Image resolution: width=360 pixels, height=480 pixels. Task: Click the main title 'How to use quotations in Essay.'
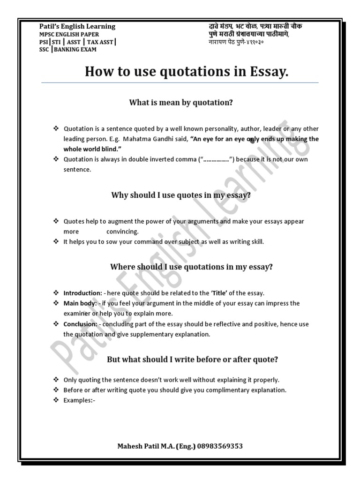187,72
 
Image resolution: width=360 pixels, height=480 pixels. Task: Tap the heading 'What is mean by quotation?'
181,102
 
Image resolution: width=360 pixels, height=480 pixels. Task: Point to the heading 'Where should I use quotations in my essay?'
191,267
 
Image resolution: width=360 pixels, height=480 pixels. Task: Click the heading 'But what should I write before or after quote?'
193,360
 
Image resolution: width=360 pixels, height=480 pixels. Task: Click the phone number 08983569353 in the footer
220,446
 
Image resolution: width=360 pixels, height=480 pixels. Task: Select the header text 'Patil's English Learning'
77,26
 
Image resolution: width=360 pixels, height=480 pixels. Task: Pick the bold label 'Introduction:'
83,293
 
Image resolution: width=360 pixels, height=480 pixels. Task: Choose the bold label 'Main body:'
80,303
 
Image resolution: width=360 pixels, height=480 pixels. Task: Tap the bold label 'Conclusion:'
81,324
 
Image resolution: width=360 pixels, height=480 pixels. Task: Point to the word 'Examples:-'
79,400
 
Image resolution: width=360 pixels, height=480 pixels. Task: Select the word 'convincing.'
122,232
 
